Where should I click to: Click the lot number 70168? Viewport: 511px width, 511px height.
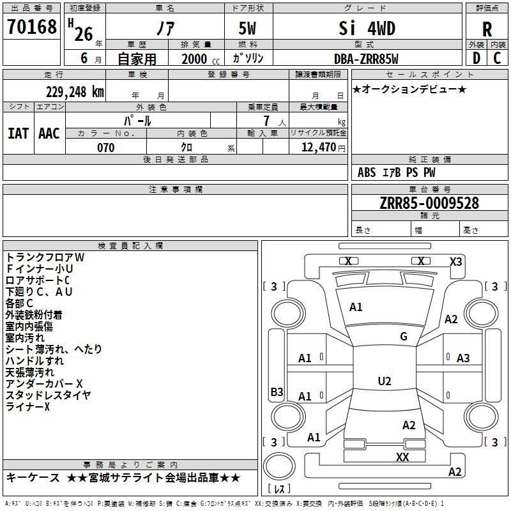pyautogui.click(x=31, y=27)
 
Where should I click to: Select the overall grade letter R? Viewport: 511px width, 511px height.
pyautogui.click(x=487, y=29)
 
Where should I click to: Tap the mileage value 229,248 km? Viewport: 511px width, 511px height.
pyautogui.click(x=75, y=92)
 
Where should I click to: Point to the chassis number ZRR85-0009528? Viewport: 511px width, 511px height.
pyautogui.click(x=429, y=203)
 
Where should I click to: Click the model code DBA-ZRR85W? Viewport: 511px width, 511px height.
pyautogui.click(x=366, y=59)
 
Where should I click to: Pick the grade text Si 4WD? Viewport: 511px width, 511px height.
pyautogui.click(x=367, y=28)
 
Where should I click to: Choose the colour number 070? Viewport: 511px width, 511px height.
pyautogui.click(x=106, y=148)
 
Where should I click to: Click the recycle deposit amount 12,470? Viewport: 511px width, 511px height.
pyautogui.click(x=318, y=148)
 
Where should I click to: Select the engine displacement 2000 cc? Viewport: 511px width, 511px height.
pyautogui.click(x=201, y=59)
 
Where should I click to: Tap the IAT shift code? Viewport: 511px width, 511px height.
pyautogui.click(x=19, y=133)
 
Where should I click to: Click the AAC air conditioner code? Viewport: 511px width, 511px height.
pyautogui.click(x=49, y=133)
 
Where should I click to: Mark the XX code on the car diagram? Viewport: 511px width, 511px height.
pyautogui.click(x=402, y=457)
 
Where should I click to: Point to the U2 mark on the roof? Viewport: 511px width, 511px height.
pyautogui.click(x=385, y=381)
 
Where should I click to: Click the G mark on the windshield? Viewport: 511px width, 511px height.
pyautogui.click(x=404, y=337)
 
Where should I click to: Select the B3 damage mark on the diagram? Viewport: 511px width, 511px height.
pyautogui.click(x=277, y=392)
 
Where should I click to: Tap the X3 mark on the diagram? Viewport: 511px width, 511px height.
pyautogui.click(x=455, y=262)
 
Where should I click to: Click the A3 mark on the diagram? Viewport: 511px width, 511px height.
pyautogui.click(x=463, y=358)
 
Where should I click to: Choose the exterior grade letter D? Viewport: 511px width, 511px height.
pyautogui.click(x=477, y=58)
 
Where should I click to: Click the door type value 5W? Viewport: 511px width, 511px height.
pyautogui.click(x=247, y=28)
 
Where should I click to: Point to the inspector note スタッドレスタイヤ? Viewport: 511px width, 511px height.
pyautogui.click(x=49, y=395)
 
